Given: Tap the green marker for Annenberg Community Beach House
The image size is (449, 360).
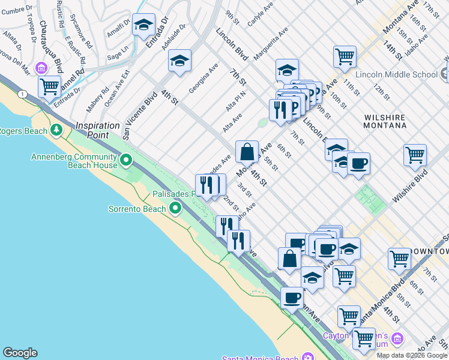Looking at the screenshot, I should click(126, 160).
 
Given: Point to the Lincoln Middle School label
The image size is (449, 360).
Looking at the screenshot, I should click(396, 74).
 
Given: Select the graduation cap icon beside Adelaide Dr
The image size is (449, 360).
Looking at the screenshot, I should click(179, 61).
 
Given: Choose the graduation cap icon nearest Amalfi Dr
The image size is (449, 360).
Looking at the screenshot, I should click(143, 25).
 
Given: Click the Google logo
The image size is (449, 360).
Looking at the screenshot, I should click(20, 353).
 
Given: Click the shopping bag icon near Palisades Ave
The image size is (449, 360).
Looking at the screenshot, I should click(247, 151).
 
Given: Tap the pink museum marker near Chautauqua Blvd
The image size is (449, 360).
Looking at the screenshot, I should click(41, 67).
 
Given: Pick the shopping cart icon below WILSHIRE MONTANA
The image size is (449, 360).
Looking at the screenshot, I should click(415, 155).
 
